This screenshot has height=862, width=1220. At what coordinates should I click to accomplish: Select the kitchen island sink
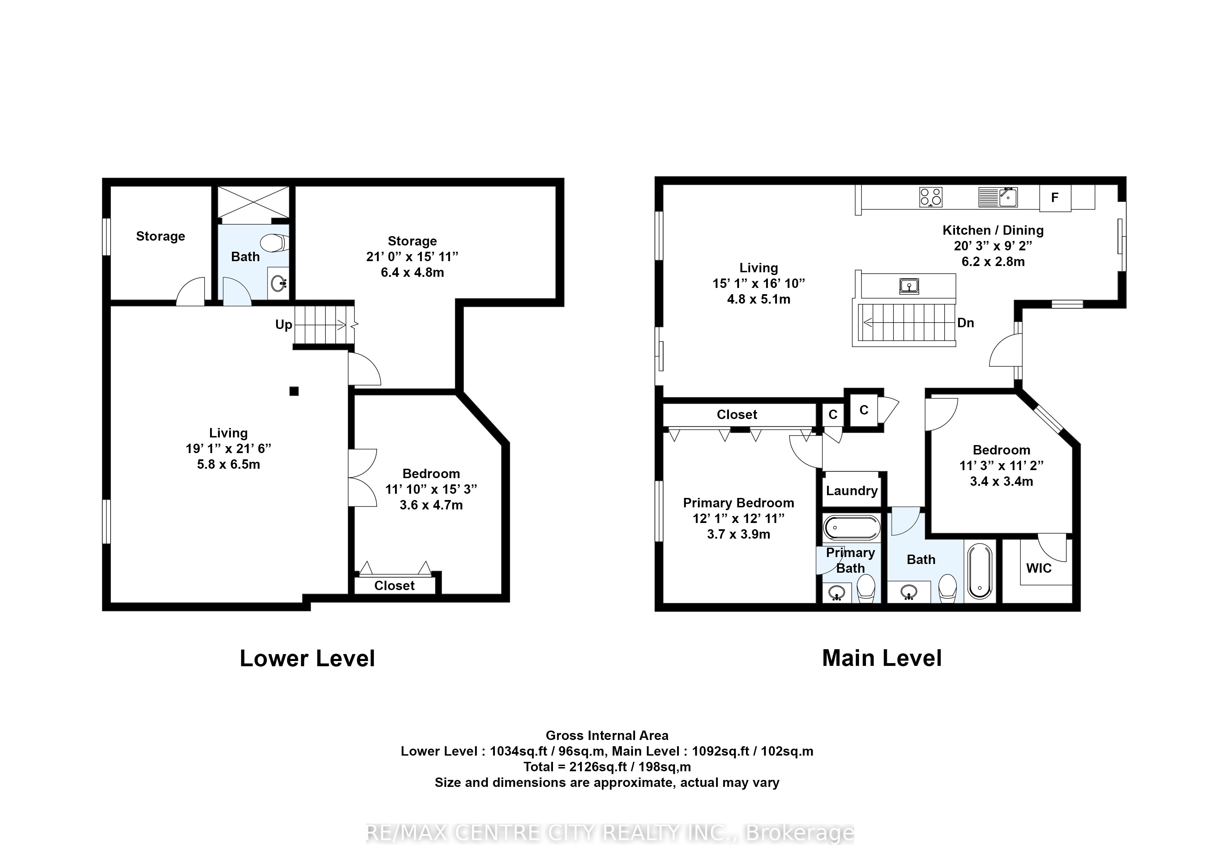pos(909,286)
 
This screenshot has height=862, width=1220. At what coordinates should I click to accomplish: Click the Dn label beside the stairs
pos(965,323)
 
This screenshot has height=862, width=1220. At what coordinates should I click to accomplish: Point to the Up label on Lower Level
pos(284,324)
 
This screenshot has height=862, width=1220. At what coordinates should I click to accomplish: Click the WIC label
pos(1039,568)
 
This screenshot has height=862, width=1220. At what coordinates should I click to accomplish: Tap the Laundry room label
pos(851,491)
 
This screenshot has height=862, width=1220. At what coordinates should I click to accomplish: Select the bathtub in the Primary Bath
pos(852,528)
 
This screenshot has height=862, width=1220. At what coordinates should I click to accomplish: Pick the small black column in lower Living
pos(294,392)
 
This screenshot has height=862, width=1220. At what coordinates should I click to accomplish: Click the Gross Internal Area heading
pos(607,735)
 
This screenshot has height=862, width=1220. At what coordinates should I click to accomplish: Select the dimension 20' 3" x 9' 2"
pos(993,246)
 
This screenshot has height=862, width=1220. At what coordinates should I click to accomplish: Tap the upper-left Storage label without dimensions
pos(160,236)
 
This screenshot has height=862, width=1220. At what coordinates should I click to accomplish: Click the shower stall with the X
pos(254,202)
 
